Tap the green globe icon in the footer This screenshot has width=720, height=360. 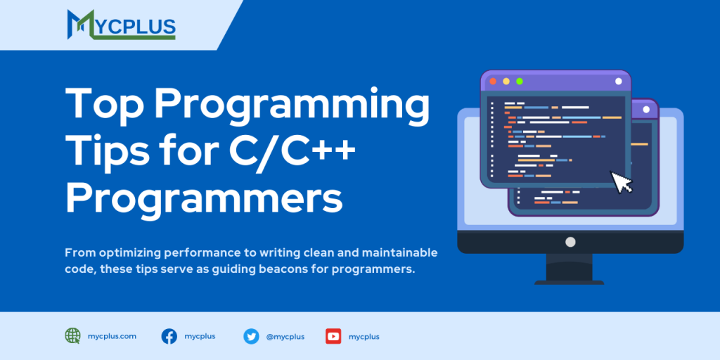(73, 336)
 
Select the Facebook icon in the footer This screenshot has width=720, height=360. (169, 336)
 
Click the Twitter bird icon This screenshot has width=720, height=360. (251, 336)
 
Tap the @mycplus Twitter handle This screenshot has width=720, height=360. (285, 337)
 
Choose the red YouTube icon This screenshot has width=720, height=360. (333, 336)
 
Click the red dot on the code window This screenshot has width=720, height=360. (492, 81)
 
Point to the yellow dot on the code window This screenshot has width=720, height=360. (506, 81)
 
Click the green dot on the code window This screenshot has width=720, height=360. (520, 81)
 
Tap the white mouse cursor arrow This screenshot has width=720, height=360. (622, 182)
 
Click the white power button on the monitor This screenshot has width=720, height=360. (570, 242)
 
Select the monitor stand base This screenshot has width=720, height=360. (569, 281)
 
